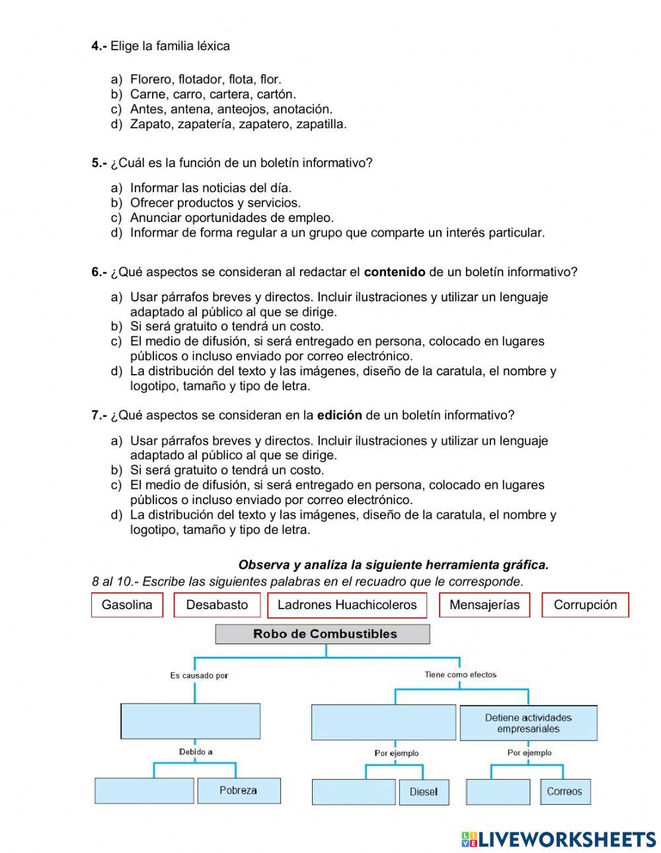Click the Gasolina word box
pyautogui.click(x=127, y=605)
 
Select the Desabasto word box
pyautogui.click(x=217, y=605)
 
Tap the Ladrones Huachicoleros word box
pyautogui.click(x=347, y=605)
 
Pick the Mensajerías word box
pyautogui.click(x=484, y=605)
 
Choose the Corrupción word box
pyautogui.click(x=585, y=605)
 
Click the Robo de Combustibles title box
pyautogui.click(x=323, y=634)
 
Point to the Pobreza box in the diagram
pyautogui.click(x=239, y=790)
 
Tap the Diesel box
pyautogui.click(x=424, y=792)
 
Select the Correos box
pyautogui.click(x=564, y=792)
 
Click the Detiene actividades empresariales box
pyautogui.click(x=528, y=723)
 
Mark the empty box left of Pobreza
pyautogui.click(x=144, y=790)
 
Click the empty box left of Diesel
pyautogui.click(x=354, y=792)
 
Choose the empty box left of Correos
pyautogui.click(x=498, y=792)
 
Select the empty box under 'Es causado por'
pyautogui.click(x=190, y=721)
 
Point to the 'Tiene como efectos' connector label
pyautogui.click(x=460, y=675)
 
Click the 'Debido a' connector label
pyautogui.click(x=196, y=752)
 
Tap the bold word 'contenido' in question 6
pyautogui.click(x=395, y=272)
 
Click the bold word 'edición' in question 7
pyautogui.click(x=339, y=416)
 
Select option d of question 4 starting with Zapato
pyautogui.click(x=238, y=124)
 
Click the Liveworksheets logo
pyautogui.click(x=559, y=839)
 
